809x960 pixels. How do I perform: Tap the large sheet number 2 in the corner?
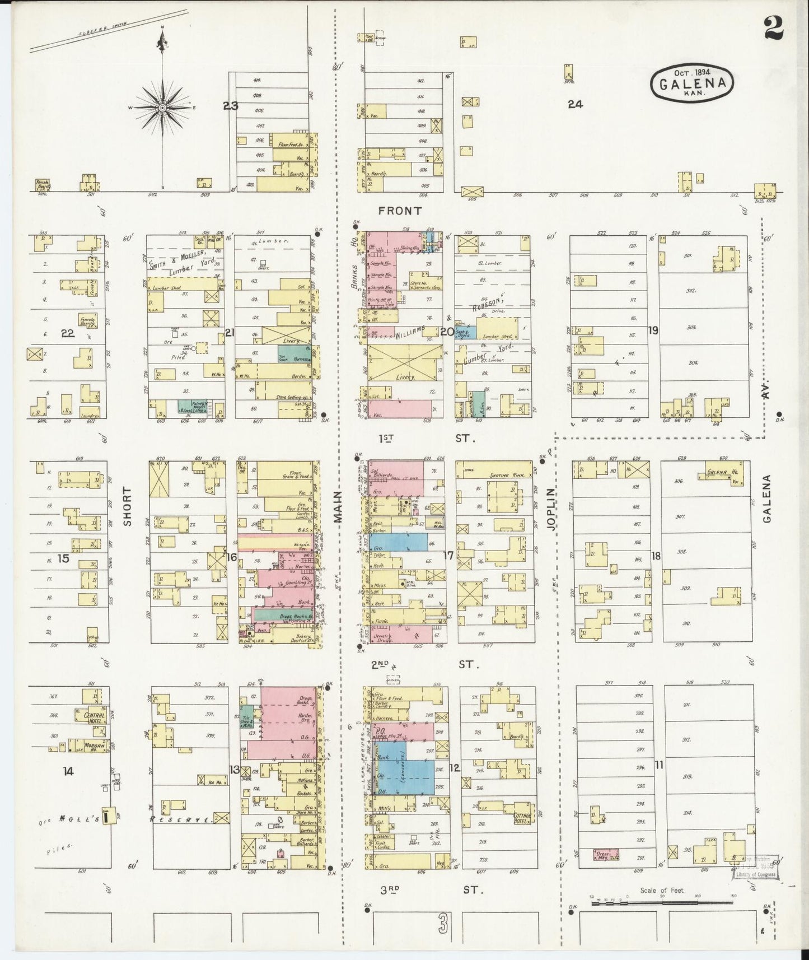(x=773, y=26)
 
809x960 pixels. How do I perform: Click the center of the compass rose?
(x=162, y=108)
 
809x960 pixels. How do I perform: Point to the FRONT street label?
(x=399, y=211)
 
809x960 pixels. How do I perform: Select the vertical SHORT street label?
(x=127, y=506)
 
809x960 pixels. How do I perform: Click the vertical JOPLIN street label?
(x=550, y=508)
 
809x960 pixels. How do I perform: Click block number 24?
(x=575, y=104)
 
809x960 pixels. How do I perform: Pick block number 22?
(x=68, y=333)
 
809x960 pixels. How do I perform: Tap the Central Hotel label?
(x=93, y=717)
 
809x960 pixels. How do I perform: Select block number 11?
(x=659, y=764)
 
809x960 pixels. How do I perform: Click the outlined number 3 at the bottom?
(x=443, y=925)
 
